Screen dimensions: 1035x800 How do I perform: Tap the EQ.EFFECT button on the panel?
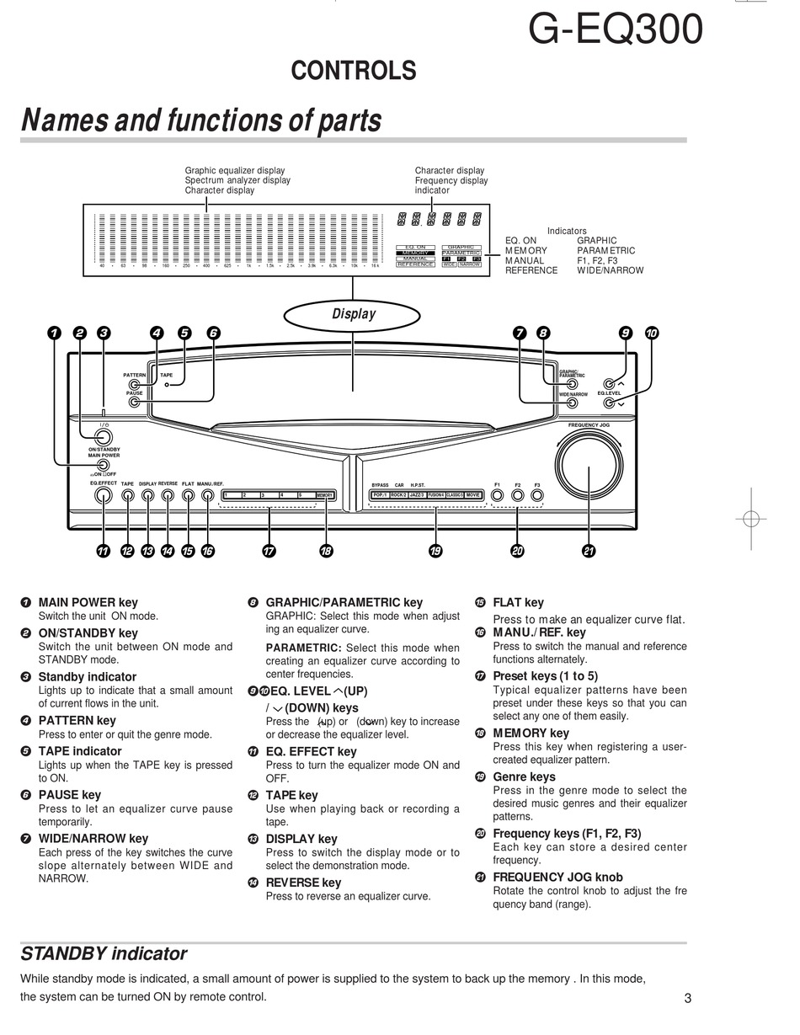[x=104, y=495]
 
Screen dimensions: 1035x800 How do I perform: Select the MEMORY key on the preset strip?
[x=326, y=495]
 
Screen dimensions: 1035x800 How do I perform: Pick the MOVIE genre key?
[x=474, y=495]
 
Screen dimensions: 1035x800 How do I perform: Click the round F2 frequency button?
[x=517, y=495]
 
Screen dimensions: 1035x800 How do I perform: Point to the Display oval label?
[x=353, y=314]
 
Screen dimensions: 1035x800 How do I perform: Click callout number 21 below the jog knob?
[x=589, y=551]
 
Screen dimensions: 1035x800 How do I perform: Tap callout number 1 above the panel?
[x=54, y=333]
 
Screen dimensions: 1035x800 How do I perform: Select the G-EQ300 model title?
[x=615, y=30]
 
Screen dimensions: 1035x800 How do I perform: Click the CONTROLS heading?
[x=354, y=72]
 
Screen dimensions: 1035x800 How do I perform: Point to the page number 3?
[x=687, y=999]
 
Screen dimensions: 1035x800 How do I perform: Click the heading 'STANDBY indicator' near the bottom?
[x=104, y=954]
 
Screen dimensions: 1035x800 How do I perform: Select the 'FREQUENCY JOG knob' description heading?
[x=557, y=877]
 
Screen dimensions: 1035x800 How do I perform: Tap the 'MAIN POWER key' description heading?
[x=88, y=602]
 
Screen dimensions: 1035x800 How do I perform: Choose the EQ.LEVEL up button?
[x=609, y=384]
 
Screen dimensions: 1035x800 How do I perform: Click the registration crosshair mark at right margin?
[x=751, y=519]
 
